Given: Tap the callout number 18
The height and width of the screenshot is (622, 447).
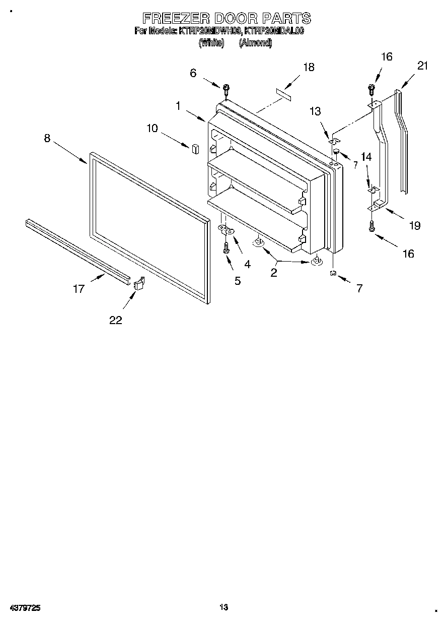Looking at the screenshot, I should click(309, 67).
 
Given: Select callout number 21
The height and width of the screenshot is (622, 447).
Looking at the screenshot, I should click(422, 65).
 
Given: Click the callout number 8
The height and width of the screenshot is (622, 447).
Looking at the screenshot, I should click(47, 138).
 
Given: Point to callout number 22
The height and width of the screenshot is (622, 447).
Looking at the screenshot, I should click(116, 320).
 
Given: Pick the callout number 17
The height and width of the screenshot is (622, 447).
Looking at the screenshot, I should click(79, 289).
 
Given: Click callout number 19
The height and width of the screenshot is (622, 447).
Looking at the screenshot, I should click(414, 225).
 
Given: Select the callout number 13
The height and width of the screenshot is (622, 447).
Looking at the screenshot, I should click(315, 111).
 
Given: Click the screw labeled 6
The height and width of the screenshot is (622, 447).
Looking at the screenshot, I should click(226, 89).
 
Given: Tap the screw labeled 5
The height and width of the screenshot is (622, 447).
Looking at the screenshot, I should click(227, 247).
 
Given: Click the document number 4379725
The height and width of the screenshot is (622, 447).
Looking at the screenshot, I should click(25, 608).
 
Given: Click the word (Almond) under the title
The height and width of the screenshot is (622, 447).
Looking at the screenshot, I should click(255, 43).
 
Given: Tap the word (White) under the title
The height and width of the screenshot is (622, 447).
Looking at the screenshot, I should click(211, 43).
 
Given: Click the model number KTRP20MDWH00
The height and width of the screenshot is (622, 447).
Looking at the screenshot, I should click(210, 31).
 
